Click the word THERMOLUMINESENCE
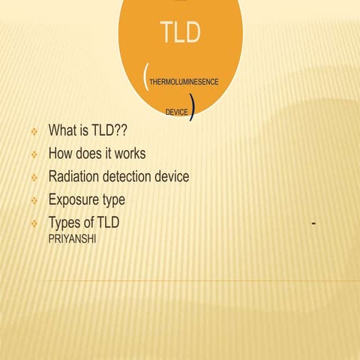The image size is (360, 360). click(x=184, y=81)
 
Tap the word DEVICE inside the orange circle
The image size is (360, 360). click(x=177, y=112)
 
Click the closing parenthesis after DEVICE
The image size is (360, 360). click(x=193, y=109)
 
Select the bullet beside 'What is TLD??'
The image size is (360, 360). click(x=34, y=132)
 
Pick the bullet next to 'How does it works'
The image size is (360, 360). click(x=34, y=155)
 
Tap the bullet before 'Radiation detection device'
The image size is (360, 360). click(x=34, y=178)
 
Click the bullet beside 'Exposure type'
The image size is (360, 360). click(x=34, y=202)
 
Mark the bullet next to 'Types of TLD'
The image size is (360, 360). click(x=34, y=225)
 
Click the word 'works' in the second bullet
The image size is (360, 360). click(x=129, y=154)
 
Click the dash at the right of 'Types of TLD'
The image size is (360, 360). click(x=320, y=223)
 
